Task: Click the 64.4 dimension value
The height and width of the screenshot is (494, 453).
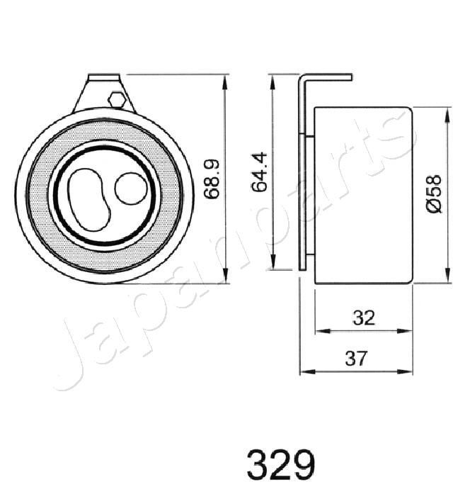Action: (260, 172)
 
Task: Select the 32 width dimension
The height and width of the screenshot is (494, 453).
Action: (363, 318)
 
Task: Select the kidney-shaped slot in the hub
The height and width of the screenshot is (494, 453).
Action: (88, 198)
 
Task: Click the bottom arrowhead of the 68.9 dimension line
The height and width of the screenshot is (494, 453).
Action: (225, 277)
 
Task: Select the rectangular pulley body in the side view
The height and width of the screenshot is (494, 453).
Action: (361, 195)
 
